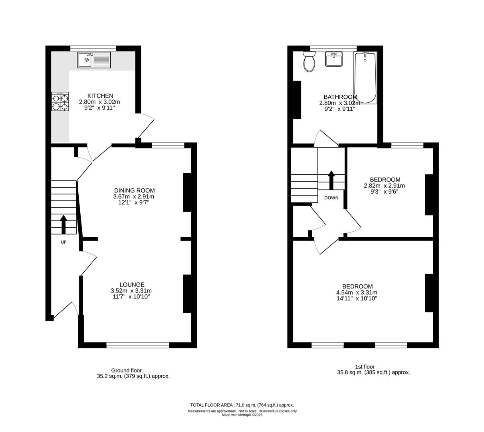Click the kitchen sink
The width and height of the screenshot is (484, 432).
93,60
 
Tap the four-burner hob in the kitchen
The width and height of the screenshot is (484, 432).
60,102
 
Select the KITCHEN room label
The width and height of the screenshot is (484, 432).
100,96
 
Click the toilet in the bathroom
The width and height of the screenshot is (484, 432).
309,62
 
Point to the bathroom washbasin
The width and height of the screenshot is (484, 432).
334,59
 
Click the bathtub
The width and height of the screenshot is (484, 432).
365,78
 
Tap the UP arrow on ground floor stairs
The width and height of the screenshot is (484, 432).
63,224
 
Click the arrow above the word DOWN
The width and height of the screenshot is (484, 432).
331,180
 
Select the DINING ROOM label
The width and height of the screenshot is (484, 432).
134,190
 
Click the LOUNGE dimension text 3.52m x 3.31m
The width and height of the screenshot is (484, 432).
131,291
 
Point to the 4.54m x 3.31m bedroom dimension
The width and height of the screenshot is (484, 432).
357,292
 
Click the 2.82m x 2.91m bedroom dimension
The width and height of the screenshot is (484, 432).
384,186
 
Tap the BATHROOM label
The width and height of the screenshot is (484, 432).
340,97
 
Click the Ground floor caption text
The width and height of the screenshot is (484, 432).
126,370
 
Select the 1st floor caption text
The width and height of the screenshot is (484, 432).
365,366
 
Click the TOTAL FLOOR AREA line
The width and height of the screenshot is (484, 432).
242,405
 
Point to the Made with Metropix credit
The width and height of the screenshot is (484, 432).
242,415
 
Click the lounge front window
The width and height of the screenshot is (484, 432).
138,345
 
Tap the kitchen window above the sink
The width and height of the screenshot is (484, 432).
93,48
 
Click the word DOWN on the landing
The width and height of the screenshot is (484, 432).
331,198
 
